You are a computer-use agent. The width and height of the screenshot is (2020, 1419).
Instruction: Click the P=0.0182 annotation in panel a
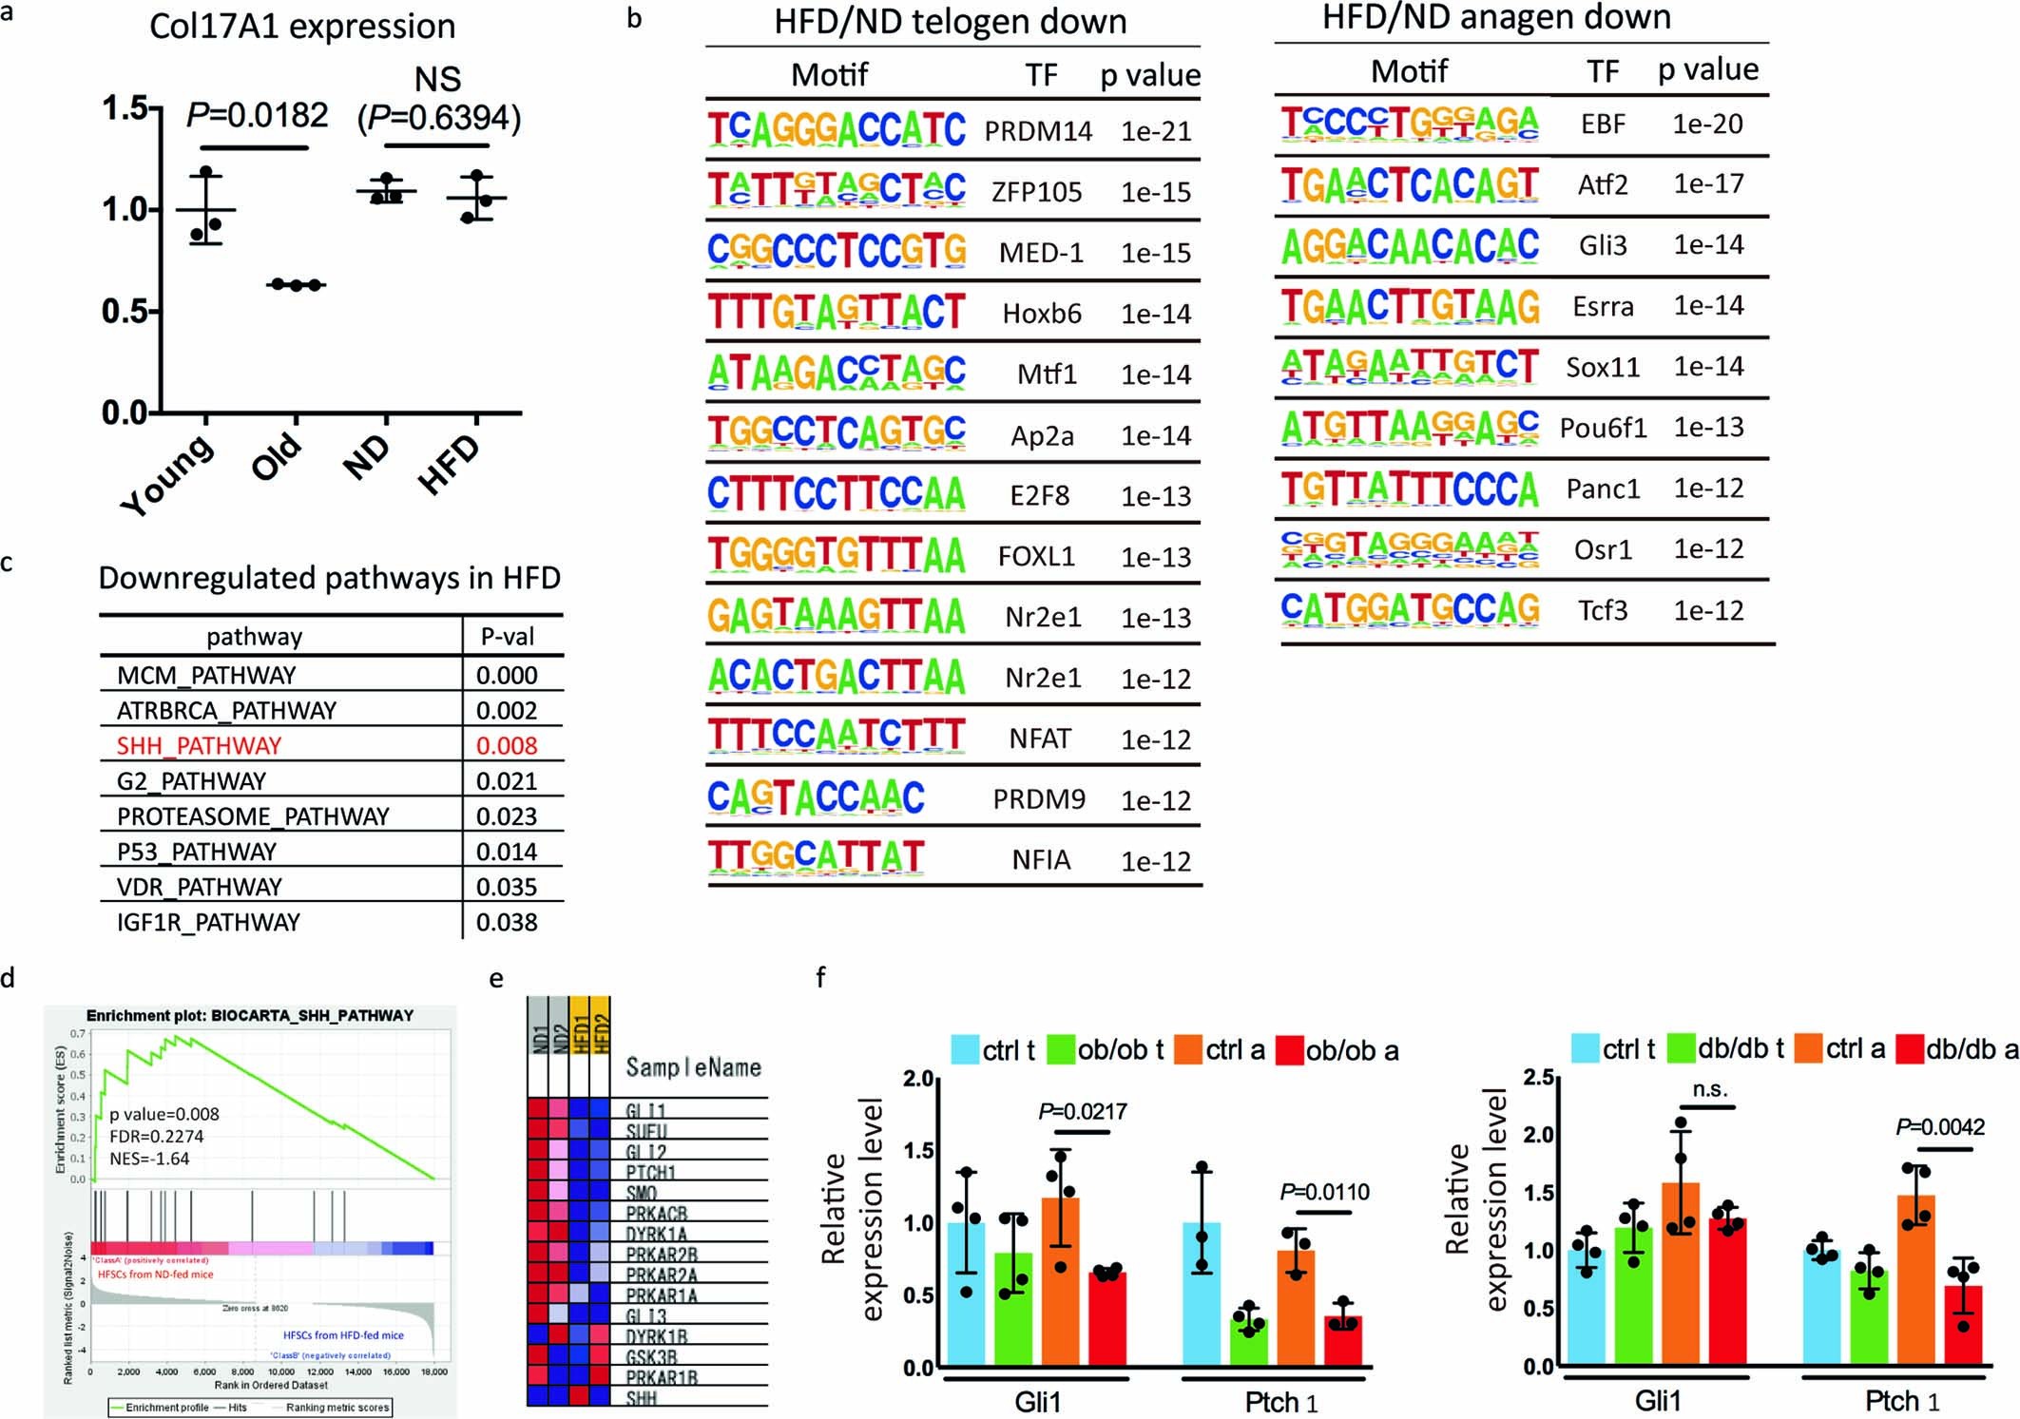click(x=258, y=115)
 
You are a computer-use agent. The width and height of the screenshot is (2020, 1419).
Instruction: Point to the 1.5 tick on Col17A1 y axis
click(x=125, y=108)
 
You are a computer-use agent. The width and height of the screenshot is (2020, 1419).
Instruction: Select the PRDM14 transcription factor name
click(x=1038, y=131)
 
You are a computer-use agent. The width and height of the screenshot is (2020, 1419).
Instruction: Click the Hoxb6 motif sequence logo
click(x=837, y=313)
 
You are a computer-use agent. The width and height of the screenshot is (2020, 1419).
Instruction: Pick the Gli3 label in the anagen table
click(x=1603, y=245)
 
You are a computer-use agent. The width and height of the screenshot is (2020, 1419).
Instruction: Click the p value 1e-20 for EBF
click(x=1707, y=125)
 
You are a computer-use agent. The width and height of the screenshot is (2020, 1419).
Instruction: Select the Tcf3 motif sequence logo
click(x=1410, y=609)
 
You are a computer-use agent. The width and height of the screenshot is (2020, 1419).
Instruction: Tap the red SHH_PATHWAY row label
click(x=199, y=746)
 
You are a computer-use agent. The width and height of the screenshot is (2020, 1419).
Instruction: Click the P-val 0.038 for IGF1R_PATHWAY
click(x=507, y=922)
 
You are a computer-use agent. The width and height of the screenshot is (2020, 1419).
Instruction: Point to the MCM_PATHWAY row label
click(x=206, y=676)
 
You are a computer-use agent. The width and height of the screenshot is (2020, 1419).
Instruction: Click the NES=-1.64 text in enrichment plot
click(x=149, y=1159)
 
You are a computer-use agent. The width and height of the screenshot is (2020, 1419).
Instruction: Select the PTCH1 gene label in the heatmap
click(x=650, y=1173)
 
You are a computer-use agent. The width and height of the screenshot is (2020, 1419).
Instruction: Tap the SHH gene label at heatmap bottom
click(x=641, y=1398)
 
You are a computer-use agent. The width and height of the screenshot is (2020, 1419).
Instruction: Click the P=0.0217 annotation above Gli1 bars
click(x=1082, y=1111)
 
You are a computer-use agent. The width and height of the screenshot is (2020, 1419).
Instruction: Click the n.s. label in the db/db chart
click(x=1709, y=1089)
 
